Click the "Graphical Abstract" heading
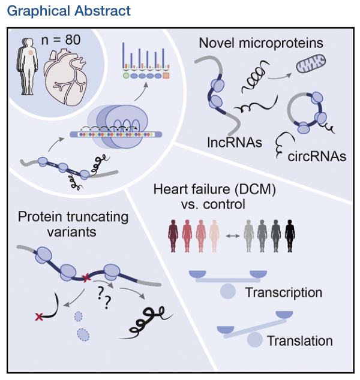tap(68, 11)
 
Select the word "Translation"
tap(299, 341)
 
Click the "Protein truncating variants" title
tap(67, 224)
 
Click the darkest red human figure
tap(173, 236)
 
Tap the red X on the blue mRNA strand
tap(86, 278)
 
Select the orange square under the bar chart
tap(166, 76)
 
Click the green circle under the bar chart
tap(125, 76)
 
